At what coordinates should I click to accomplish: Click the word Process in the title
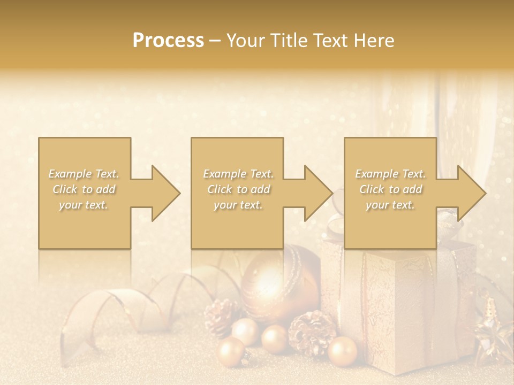pos(168,41)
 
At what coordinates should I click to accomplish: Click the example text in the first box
pos(84,189)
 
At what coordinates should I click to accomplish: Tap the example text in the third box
pos(390,189)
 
